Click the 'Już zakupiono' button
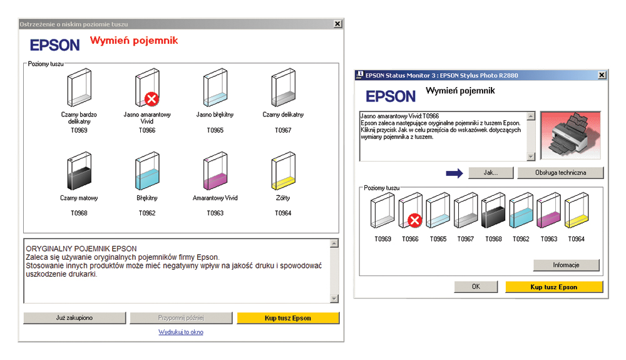(x=74, y=317)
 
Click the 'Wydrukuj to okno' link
(x=181, y=332)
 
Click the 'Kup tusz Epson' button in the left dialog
(x=288, y=318)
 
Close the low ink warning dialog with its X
(x=338, y=24)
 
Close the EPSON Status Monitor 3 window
(x=602, y=75)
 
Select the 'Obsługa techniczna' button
(x=560, y=172)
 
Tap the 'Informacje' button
(x=566, y=265)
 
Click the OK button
(x=476, y=287)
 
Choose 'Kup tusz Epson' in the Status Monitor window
(x=554, y=287)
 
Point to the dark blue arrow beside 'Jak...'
(x=454, y=173)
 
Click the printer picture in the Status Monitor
(x=570, y=135)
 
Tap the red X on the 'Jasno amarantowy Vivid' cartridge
(x=151, y=98)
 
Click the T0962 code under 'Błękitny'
(x=147, y=213)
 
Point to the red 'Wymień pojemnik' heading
(x=134, y=40)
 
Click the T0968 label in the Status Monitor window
(x=493, y=239)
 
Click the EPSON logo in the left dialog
(x=55, y=45)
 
